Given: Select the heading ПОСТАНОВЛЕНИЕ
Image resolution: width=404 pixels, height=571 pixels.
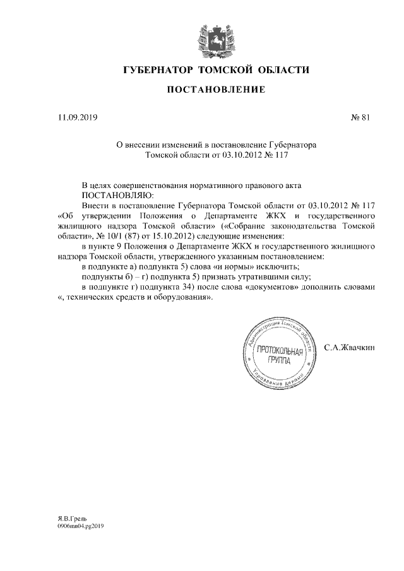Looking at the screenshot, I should pos(215,91).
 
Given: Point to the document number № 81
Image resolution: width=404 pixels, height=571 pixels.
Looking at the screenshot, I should pos(359,117).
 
